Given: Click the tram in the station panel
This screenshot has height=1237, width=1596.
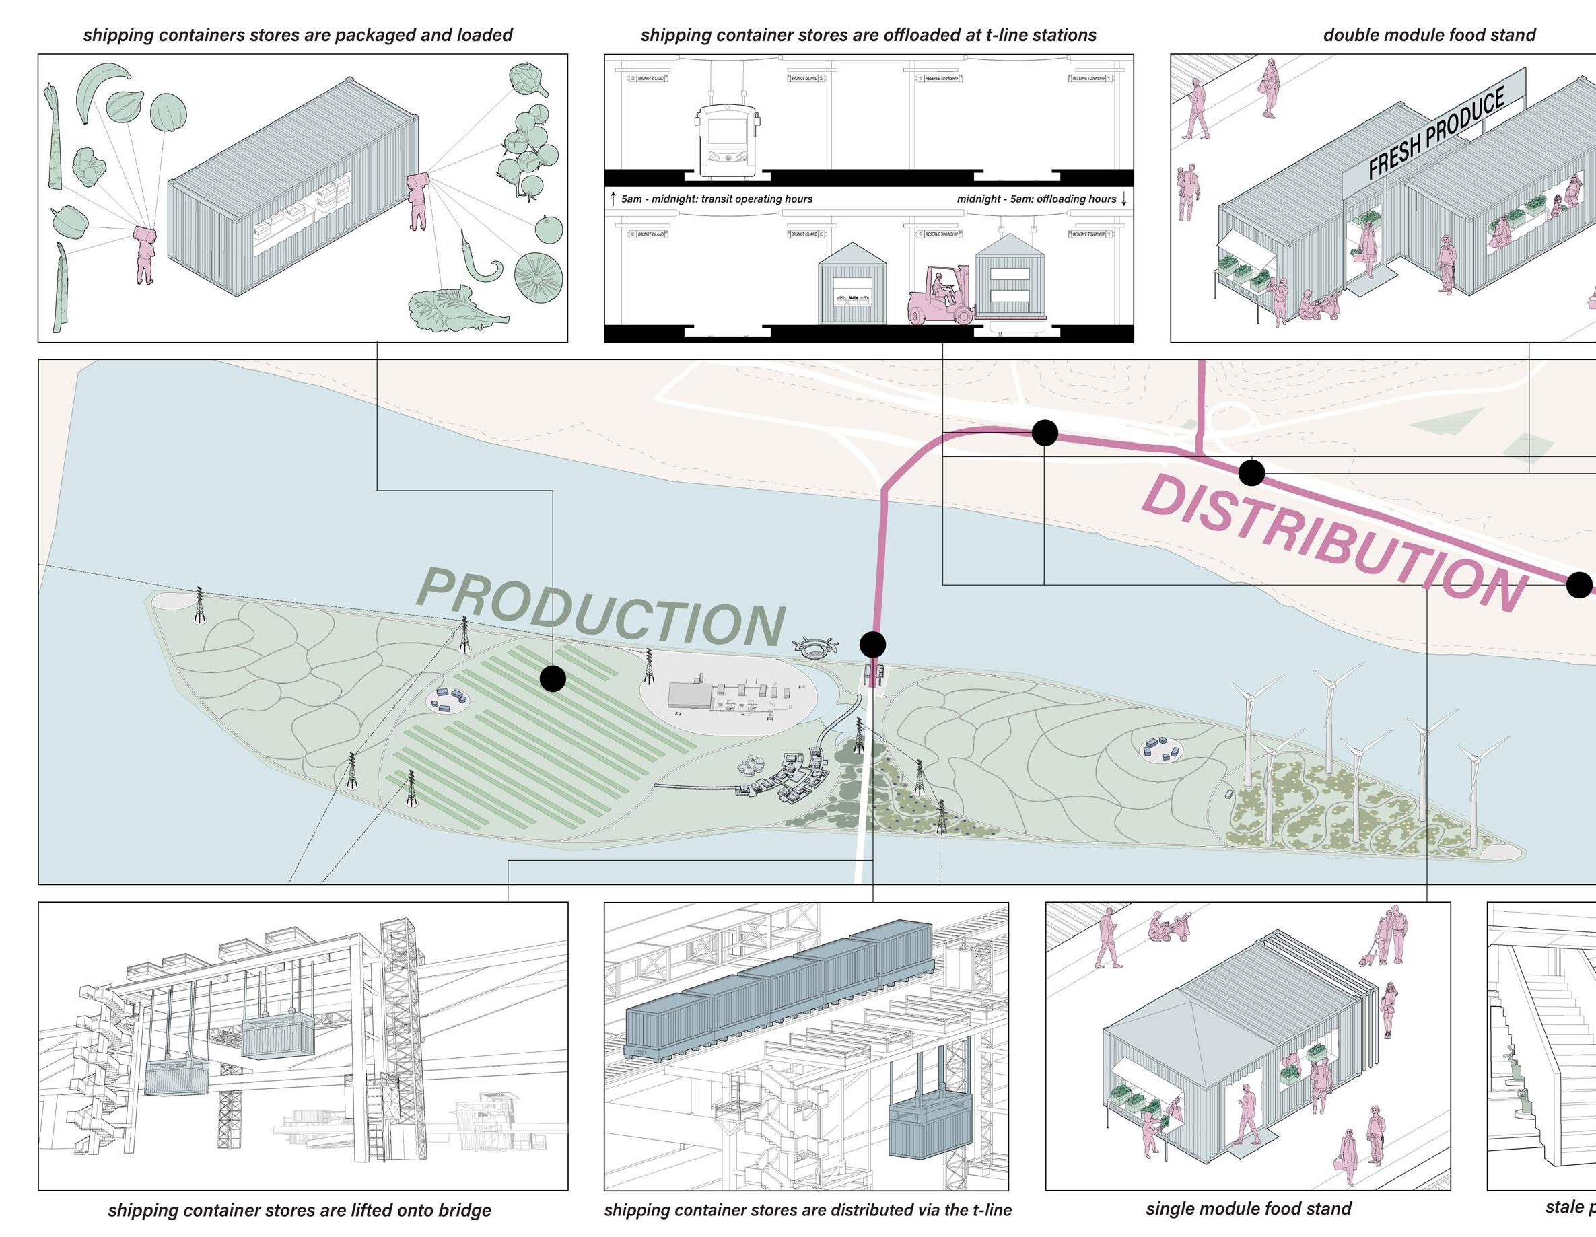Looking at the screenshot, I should coord(726,142).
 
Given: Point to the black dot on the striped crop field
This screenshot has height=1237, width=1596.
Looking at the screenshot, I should coord(553,678).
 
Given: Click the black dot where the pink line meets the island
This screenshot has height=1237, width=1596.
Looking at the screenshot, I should coord(872,645).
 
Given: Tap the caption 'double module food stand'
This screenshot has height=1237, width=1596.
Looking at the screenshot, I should coord(1428,35).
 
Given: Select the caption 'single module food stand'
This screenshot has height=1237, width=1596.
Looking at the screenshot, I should coord(1248,1209).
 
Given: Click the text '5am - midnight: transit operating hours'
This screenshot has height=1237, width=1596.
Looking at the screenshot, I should coord(716,199).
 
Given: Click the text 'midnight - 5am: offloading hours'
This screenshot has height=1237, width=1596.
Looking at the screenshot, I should coord(1036,199).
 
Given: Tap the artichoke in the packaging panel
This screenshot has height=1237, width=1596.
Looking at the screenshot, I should coord(528,79).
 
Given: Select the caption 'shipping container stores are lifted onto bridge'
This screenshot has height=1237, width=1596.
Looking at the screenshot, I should coord(299,1211).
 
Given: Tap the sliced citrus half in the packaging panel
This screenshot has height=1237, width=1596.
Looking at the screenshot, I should coord(539,275).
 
